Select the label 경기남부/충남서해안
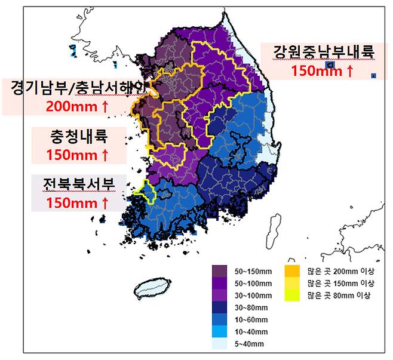78,88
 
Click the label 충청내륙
78,137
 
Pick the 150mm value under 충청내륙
78,155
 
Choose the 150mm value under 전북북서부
78,203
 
